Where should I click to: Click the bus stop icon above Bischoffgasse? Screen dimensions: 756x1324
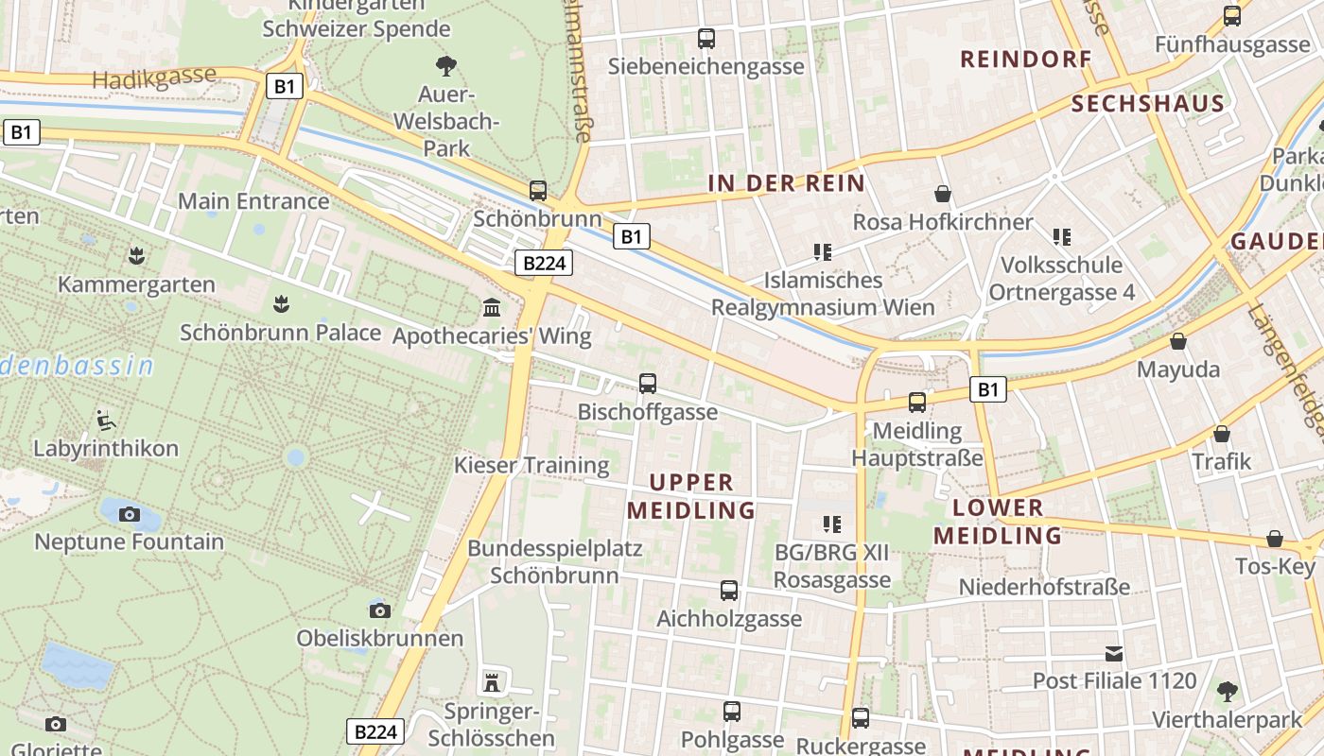pyautogui.click(x=648, y=384)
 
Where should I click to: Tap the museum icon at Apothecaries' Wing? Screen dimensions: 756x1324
pyautogui.click(x=492, y=307)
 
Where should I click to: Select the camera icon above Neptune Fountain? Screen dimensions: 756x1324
pyautogui.click(x=130, y=514)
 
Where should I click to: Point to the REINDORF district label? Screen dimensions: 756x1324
pyautogui.click(x=1026, y=60)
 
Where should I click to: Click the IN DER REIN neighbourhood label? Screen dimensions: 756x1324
pyautogui.click(x=786, y=183)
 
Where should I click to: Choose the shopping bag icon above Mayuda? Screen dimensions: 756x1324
pyautogui.click(x=1178, y=341)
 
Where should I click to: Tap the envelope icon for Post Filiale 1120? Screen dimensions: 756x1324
pyautogui.click(x=1114, y=653)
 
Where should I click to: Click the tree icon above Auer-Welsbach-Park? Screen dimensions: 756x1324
pyautogui.click(x=446, y=65)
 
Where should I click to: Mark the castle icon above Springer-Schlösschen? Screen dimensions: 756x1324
pyautogui.click(x=492, y=682)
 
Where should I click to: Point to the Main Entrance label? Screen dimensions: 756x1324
pyautogui.click(x=253, y=201)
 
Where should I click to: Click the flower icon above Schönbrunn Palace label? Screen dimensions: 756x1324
pyautogui.click(x=280, y=304)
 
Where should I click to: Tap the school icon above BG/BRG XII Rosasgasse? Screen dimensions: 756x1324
pyautogui.click(x=832, y=524)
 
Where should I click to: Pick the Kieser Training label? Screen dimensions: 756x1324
pyautogui.click(x=531, y=465)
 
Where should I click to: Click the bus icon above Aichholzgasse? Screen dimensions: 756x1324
pyautogui.click(x=729, y=591)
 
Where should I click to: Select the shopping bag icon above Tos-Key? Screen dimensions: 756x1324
pyautogui.click(x=1275, y=539)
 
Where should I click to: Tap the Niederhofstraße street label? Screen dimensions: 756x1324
pyautogui.click(x=1044, y=587)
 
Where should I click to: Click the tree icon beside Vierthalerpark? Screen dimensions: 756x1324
pyautogui.click(x=1228, y=692)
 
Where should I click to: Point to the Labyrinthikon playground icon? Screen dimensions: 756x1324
pyautogui.click(x=106, y=420)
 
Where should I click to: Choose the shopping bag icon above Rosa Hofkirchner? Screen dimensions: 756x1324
pyautogui.click(x=942, y=194)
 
